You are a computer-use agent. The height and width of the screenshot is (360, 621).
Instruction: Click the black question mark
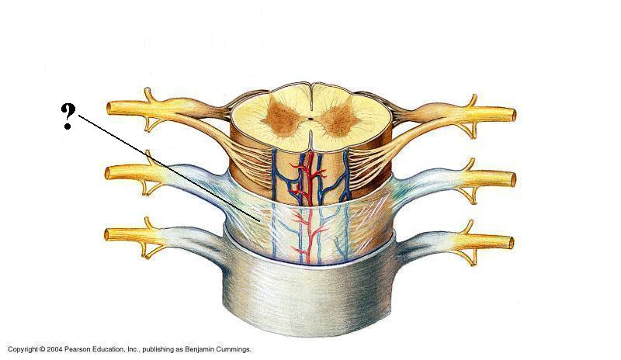pyautogui.click(x=68, y=116)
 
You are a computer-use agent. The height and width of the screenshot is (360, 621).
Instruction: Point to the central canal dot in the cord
pyautogui.click(x=310, y=121)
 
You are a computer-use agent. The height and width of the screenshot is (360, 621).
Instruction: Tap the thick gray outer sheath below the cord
pyautogui.click(x=310, y=295)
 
